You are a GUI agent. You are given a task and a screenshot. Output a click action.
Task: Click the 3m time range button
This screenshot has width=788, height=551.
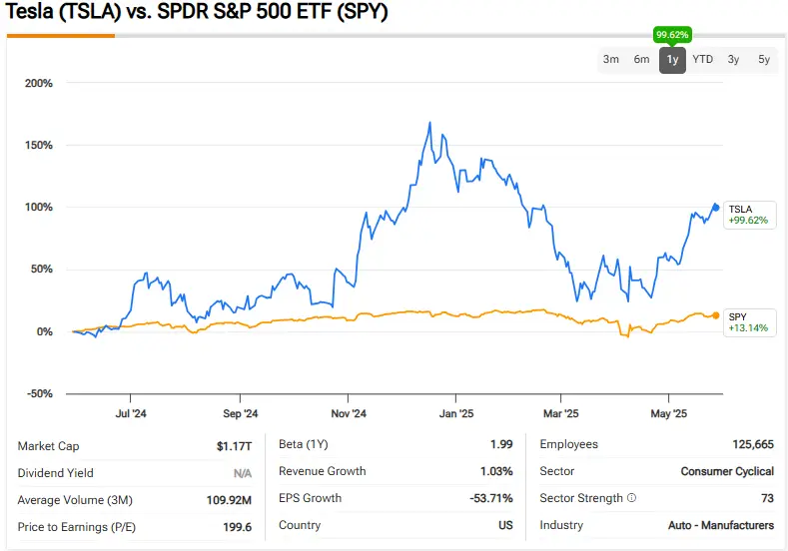click(611, 60)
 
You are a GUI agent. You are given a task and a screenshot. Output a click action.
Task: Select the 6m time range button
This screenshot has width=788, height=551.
click(641, 60)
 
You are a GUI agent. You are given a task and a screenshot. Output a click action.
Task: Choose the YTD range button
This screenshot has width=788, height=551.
click(703, 60)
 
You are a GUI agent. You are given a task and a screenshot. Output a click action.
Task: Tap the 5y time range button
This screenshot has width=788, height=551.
click(764, 60)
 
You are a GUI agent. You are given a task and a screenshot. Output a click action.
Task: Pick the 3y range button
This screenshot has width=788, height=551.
click(734, 60)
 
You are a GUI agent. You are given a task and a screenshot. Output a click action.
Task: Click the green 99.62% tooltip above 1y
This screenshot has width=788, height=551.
click(672, 35)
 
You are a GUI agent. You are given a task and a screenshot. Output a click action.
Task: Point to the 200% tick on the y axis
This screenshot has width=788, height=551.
click(39, 83)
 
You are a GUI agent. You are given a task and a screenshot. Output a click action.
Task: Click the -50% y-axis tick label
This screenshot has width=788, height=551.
click(39, 393)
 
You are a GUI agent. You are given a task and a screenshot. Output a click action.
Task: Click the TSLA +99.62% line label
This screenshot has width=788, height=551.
click(749, 215)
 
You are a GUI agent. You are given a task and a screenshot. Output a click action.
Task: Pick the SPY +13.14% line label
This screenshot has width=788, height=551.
click(749, 321)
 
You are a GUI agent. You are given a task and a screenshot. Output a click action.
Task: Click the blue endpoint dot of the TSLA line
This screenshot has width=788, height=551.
click(715, 208)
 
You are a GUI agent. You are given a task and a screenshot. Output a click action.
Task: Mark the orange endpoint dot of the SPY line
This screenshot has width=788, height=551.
click(715, 315)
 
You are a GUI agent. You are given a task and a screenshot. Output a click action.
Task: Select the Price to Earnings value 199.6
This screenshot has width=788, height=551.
click(236, 526)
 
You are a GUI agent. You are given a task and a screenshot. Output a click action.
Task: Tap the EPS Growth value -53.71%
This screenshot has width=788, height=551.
click(492, 498)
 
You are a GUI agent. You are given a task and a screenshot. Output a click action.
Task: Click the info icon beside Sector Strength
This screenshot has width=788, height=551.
click(631, 498)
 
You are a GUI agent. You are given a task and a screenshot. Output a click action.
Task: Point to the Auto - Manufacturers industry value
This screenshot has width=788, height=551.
click(721, 525)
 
